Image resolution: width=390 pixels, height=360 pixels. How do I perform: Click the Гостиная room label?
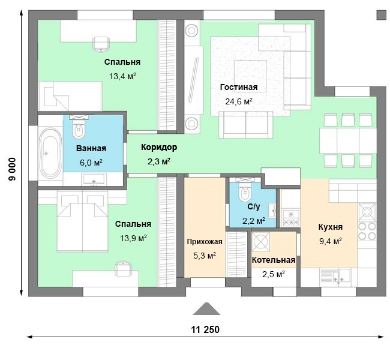point(239,88)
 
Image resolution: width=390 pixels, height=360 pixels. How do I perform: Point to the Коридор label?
point(159,147)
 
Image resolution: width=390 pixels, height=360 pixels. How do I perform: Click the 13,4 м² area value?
point(122,76)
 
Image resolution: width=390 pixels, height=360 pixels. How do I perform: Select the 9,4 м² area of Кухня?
point(331,241)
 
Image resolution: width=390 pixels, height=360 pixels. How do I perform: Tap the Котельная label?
point(274,260)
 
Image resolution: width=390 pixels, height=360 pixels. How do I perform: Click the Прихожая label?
point(205,242)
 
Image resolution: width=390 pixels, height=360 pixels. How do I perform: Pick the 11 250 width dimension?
point(205,329)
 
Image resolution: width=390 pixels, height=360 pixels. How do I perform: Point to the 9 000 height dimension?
point(12,169)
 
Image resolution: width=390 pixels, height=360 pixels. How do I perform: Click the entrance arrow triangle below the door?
point(206,309)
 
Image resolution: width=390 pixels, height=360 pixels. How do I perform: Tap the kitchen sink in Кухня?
point(336,276)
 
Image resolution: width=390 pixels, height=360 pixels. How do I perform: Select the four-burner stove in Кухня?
point(367,231)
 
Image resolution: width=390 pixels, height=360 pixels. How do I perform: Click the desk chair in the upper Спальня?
point(101,44)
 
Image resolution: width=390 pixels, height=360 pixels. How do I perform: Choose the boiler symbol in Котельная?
point(260,242)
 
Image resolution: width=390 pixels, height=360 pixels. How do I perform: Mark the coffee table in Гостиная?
point(250,76)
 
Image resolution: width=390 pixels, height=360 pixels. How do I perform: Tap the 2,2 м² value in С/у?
point(254,220)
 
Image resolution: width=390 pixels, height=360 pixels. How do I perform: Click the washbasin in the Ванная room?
point(94,179)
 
